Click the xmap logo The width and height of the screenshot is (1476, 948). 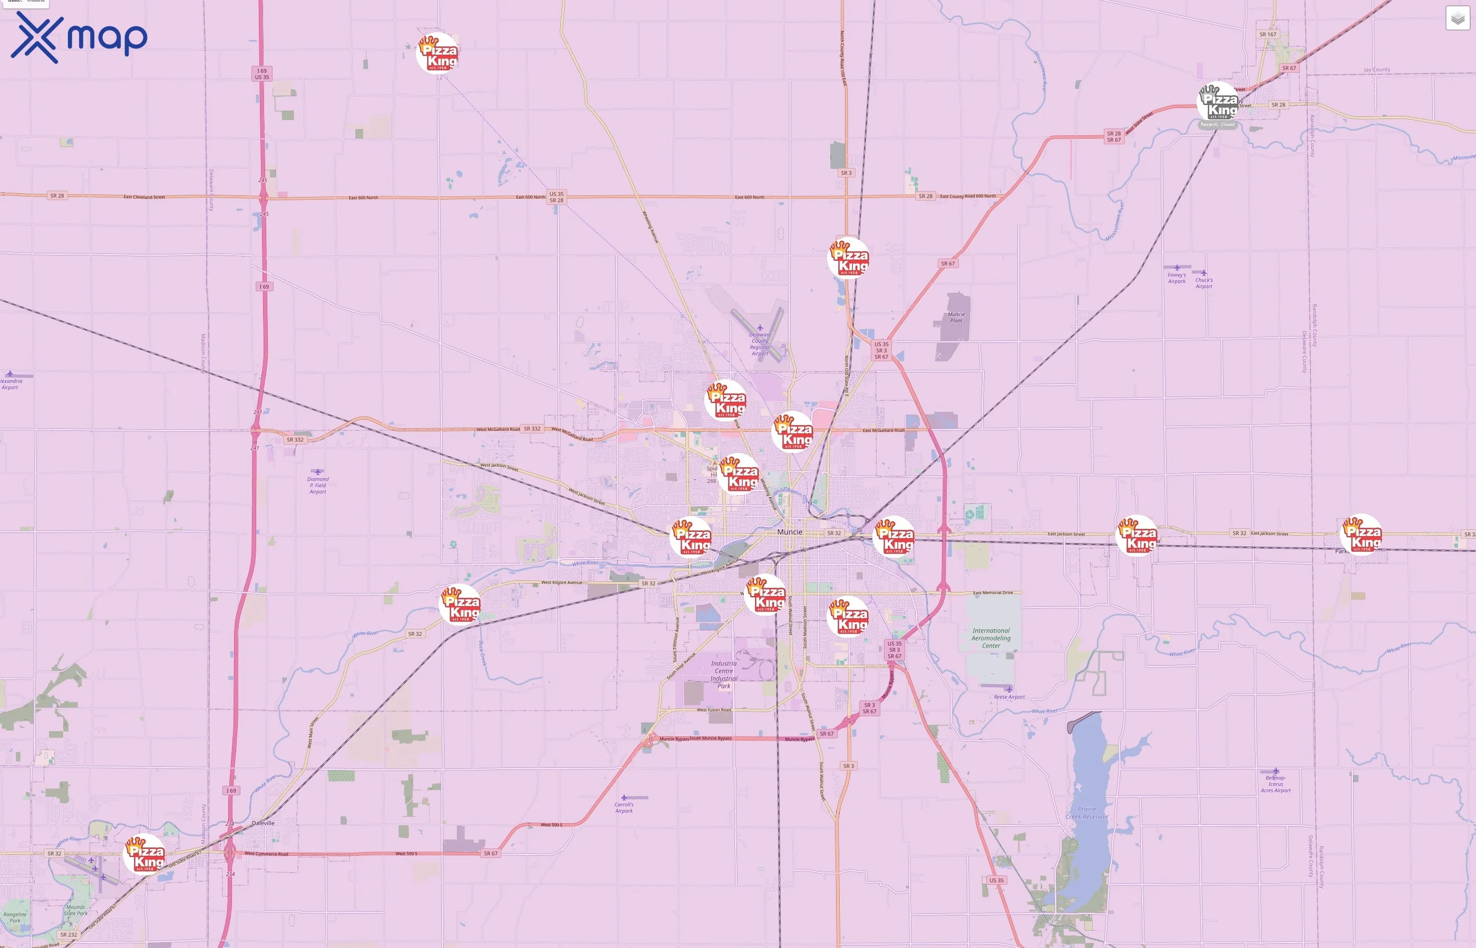[79, 37]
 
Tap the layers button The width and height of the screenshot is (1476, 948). [1457, 18]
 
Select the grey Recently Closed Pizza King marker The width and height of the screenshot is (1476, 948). [1217, 103]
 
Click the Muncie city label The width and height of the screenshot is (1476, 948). [789, 532]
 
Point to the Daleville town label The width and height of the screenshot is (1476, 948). [263, 823]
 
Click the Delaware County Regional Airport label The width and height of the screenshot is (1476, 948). [760, 344]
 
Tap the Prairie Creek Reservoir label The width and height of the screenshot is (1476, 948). [1086, 813]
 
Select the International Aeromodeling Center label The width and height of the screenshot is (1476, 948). [991, 638]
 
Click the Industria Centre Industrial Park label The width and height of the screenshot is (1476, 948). [723, 675]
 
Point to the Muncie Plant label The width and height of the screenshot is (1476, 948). [956, 317]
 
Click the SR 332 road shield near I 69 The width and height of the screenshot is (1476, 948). [295, 440]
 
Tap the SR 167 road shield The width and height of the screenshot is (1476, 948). [1267, 34]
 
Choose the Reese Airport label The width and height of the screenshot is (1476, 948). [1009, 697]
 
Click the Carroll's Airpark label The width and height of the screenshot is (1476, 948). [624, 807]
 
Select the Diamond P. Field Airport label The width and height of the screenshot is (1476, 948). [318, 485]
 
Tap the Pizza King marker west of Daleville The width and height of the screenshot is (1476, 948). [145, 854]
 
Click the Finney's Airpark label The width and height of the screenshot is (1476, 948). [1176, 278]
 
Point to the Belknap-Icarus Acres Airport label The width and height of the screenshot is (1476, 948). [1275, 784]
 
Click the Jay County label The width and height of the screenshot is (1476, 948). [1376, 70]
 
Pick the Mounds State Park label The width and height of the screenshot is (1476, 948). [76, 910]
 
